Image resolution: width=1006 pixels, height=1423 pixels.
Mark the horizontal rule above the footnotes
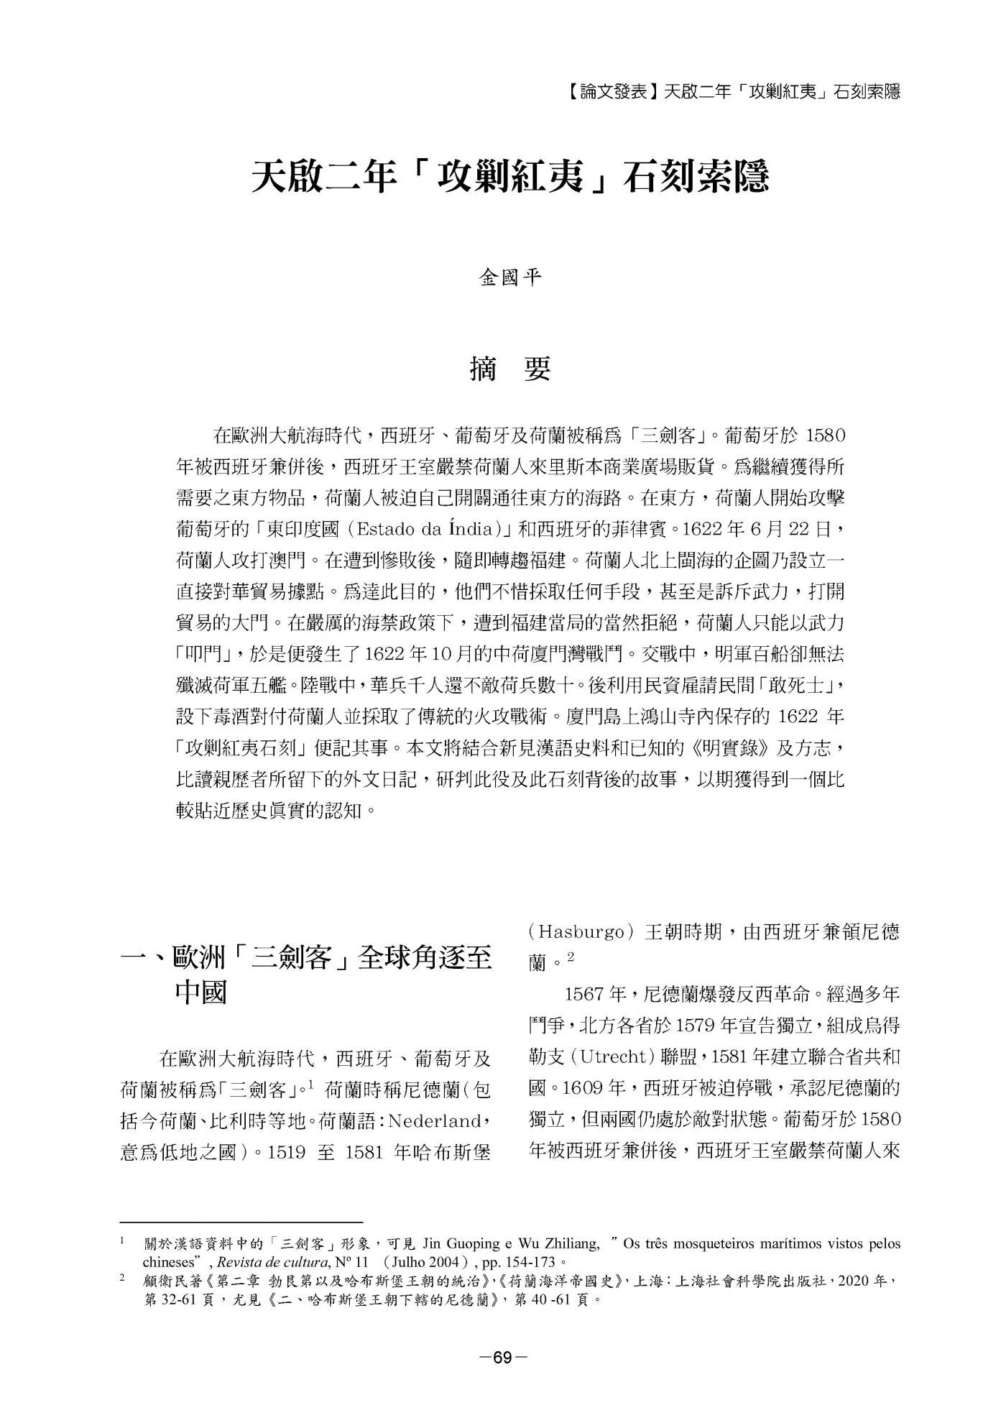tap(241, 1221)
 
